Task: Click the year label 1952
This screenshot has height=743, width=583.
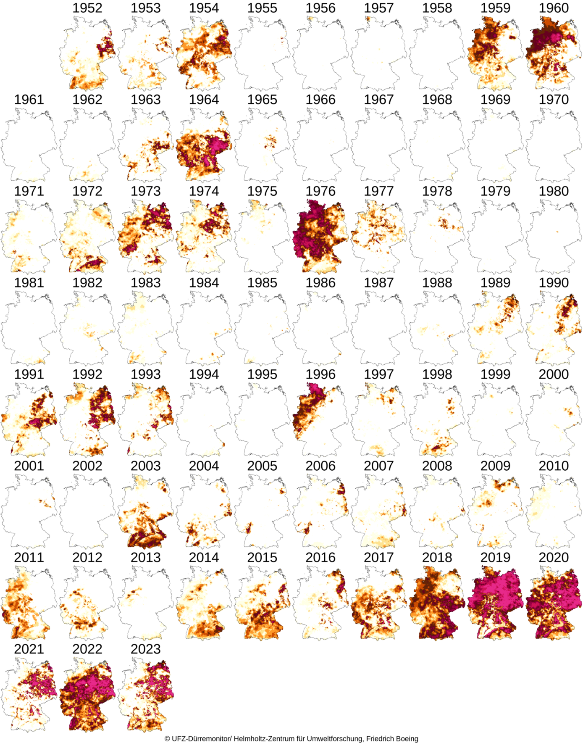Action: (87, 8)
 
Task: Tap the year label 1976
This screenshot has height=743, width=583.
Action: (320, 191)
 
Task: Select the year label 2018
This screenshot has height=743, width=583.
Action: (437, 558)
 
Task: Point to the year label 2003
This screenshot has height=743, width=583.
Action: (145, 466)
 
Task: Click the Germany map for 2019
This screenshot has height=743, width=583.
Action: (495, 603)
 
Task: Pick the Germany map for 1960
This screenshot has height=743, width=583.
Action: (554, 53)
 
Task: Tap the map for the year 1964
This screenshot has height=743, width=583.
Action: (204, 145)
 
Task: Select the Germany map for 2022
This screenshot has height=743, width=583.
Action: (87, 695)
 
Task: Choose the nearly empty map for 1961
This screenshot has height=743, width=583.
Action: (29, 145)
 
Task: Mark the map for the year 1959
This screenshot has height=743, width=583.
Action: (495, 53)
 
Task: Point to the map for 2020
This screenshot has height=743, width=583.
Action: (554, 603)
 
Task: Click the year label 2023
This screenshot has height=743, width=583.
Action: (145, 649)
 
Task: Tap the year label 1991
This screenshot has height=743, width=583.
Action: (29, 374)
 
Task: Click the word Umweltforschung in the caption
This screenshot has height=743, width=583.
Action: (334, 738)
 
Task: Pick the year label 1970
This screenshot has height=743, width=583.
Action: (554, 100)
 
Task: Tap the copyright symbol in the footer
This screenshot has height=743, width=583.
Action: (167, 738)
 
